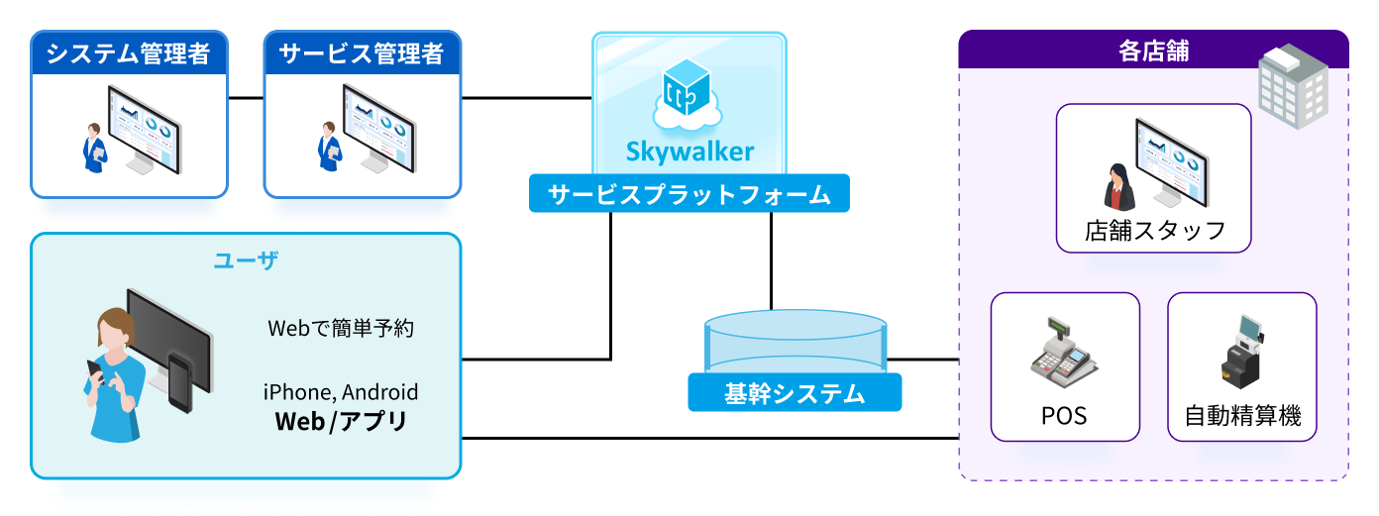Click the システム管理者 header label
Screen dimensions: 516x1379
[130, 53]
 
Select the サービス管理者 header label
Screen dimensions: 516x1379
[362, 53]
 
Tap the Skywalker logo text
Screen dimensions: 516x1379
[689, 152]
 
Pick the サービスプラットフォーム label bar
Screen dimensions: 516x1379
[689, 194]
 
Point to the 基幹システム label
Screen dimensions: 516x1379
[795, 393]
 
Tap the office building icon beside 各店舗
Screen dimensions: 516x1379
[1293, 84]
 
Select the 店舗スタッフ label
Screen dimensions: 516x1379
[1155, 232]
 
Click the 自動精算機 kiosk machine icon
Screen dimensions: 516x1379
[1242, 352]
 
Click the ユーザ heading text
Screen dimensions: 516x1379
[246, 261]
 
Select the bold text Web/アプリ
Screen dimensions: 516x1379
[341, 422]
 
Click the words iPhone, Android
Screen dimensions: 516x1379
[341, 392]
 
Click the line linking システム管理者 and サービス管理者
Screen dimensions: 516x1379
[246, 98]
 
